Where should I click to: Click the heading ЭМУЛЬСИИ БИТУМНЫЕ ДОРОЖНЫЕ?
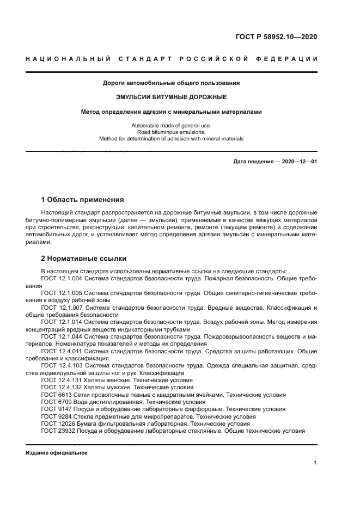tap(172, 97)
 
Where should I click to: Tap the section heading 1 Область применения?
tap(82, 200)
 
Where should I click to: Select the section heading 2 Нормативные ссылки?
tap(84, 258)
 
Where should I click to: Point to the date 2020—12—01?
tap(297, 162)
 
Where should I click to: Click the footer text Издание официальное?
tap(56, 452)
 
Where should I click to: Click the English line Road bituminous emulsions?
tap(172, 132)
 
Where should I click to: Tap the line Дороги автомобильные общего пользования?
tap(172, 83)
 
